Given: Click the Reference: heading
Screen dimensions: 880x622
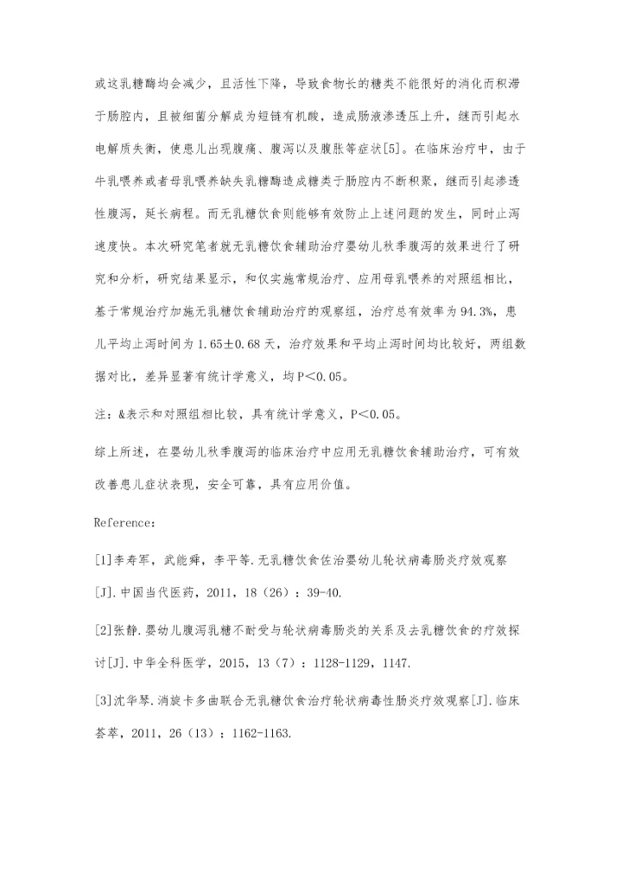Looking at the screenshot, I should click(125, 522).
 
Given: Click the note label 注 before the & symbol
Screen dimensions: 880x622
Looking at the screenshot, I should click(100, 414).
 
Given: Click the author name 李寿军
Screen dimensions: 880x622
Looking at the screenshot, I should click(131, 560).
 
